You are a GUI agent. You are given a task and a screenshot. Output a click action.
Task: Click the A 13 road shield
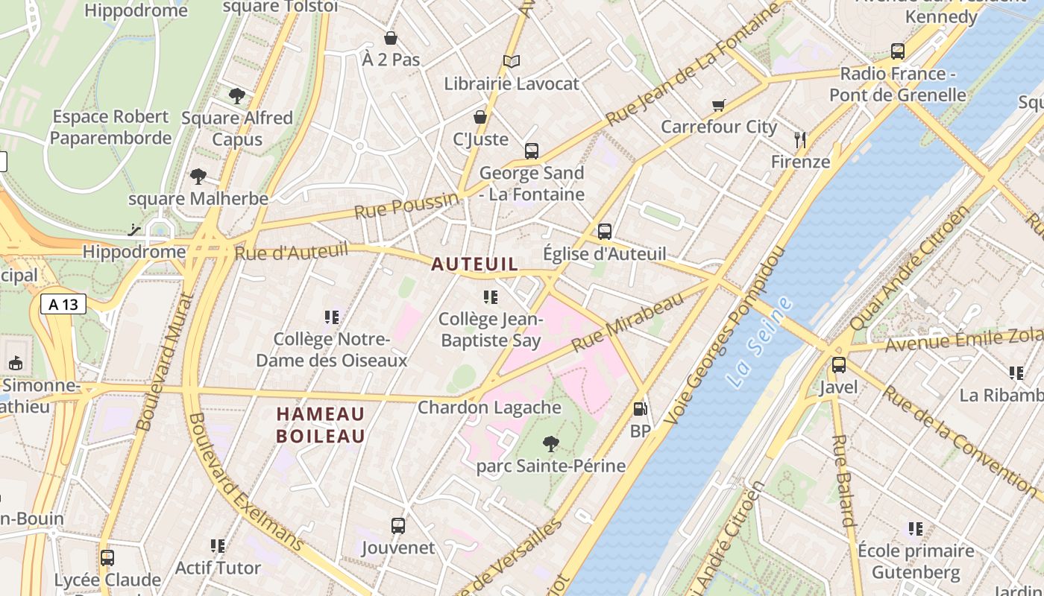click(x=63, y=304)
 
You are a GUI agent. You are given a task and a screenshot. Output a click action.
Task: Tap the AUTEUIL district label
click(x=474, y=264)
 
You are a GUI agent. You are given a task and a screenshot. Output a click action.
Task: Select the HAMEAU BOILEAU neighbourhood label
click(x=321, y=425)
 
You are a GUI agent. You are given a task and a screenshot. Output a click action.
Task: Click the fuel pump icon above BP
click(x=640, y=408)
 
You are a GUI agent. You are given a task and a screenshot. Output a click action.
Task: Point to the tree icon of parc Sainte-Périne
click(x=551, y=444)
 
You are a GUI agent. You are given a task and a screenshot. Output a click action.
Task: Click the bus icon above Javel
click(x=839, y=365)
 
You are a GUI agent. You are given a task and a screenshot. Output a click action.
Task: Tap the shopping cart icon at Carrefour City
click(x=719, y=105)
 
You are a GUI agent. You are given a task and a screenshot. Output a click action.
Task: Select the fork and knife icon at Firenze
click(x=800, y=139)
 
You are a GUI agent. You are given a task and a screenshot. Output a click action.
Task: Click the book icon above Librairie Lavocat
click(x=511, y=61)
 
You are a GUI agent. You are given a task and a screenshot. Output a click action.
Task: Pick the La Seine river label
click(x=759, y=341)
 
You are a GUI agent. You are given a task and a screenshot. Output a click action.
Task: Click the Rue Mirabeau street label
click(x=627, y=323)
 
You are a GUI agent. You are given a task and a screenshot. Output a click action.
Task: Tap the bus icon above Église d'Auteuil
click(x=605, y=231)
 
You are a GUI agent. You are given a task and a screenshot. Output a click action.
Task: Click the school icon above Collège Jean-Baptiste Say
click(x=490, y=297)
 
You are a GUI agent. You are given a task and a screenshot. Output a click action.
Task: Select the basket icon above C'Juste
click(x=480, y=117)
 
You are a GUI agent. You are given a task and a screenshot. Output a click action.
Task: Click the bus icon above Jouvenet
click(x=398, y=526)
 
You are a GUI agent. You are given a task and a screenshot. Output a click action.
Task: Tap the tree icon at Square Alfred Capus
click(x=237, y=95)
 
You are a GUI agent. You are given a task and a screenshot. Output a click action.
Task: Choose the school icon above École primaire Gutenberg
click(x=916, y=529)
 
